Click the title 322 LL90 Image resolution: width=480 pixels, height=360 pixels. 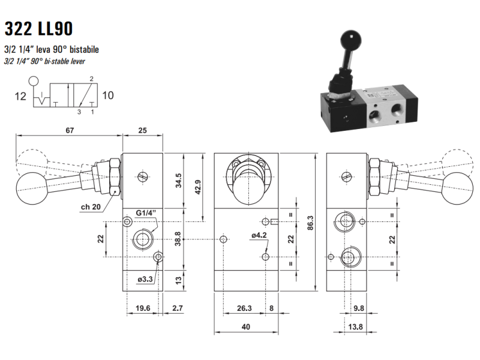tap(38, 28)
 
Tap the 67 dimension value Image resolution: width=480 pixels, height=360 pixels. tap(70, 130)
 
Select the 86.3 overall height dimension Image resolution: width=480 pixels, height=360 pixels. tap(310, 223)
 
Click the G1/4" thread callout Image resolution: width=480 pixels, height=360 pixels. tap(146, 213)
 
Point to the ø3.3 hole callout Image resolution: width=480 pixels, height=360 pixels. tap(145, 279)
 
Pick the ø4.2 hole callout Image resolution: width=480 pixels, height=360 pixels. tap(259, 235)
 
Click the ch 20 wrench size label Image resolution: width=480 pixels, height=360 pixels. tap(91, 207)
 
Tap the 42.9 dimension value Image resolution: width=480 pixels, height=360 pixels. tap(198, 187)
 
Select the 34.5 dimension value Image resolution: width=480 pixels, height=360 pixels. tap(179, 181)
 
